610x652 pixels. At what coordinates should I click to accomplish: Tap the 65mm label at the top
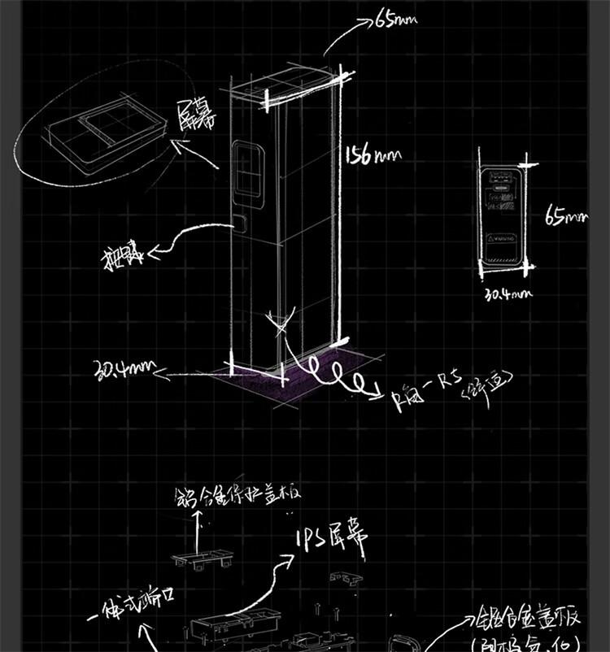(395, 19)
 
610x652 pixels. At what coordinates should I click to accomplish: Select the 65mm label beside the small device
(566, 217)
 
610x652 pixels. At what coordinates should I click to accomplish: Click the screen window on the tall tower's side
(247, 172)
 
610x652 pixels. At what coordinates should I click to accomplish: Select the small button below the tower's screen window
(241, 221)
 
